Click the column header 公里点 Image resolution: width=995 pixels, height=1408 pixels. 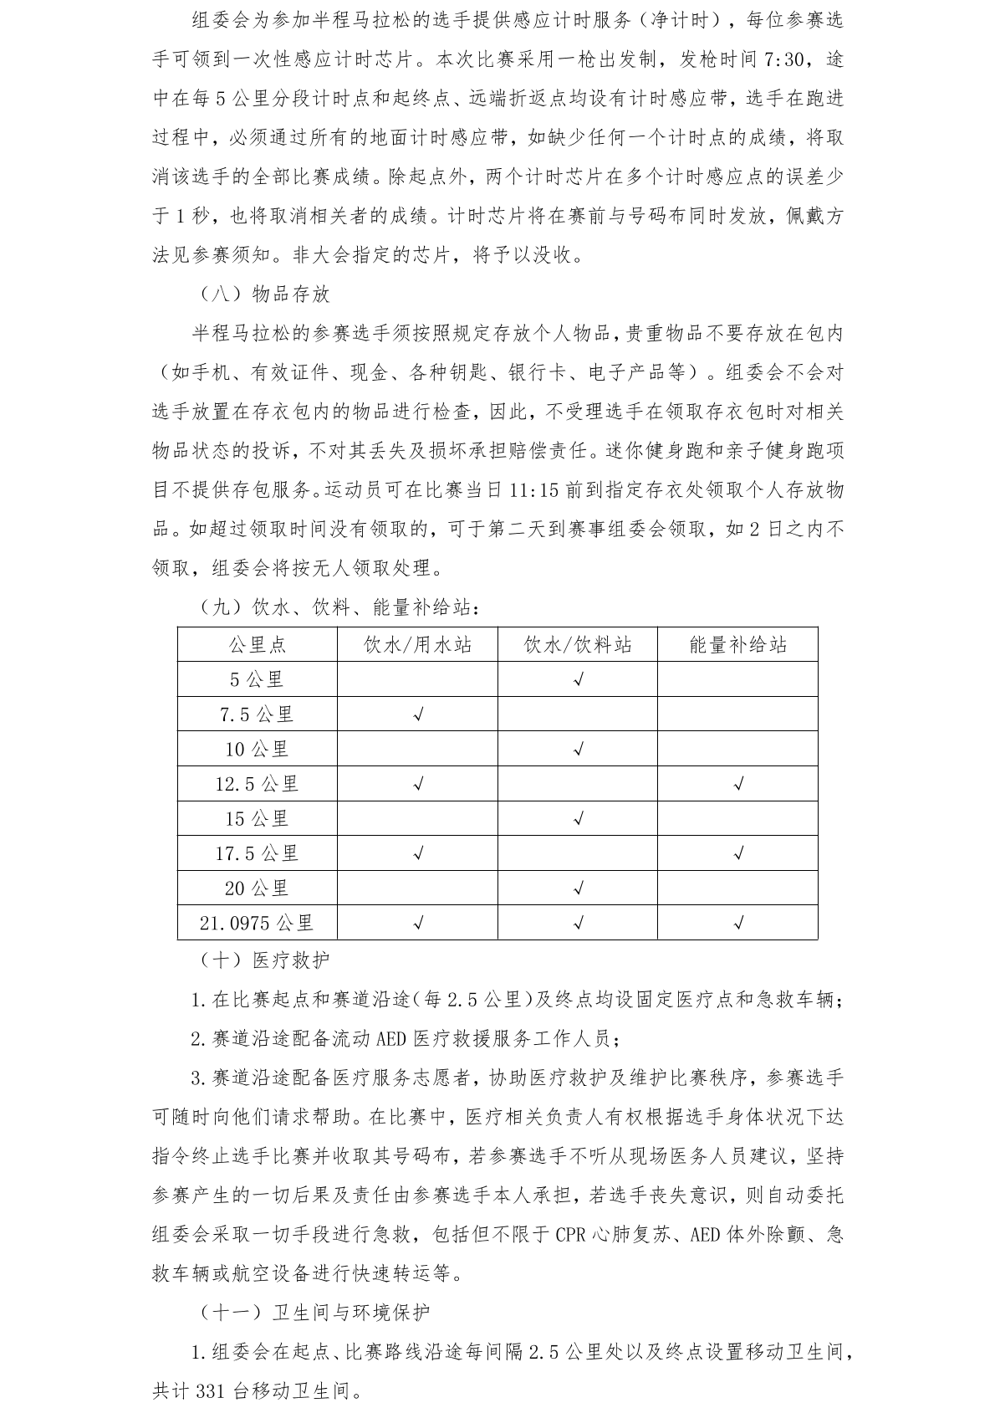pos(258,644)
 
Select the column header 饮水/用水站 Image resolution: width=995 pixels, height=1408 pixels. pos(418,644)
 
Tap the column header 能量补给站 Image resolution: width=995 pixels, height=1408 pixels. pos(737,644)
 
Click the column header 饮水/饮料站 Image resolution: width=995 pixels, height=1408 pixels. pos(578,644)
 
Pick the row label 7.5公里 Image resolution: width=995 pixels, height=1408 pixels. pos(258,714)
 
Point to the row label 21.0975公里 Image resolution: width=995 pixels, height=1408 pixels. pos(258,923)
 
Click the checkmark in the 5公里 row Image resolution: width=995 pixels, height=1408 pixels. pos(578,679)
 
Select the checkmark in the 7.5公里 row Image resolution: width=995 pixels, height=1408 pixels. pos(418,714)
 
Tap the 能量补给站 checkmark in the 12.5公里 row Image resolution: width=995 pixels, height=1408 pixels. pos(737,784)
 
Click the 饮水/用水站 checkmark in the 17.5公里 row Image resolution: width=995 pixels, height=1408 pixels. pos(418,853)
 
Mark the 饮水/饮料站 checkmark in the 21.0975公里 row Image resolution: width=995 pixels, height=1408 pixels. pos(578,923)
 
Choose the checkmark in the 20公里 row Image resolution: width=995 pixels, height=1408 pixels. pos(578,888)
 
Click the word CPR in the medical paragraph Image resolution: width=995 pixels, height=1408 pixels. pos(571,1234)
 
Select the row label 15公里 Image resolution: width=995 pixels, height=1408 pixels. pos(258,819)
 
